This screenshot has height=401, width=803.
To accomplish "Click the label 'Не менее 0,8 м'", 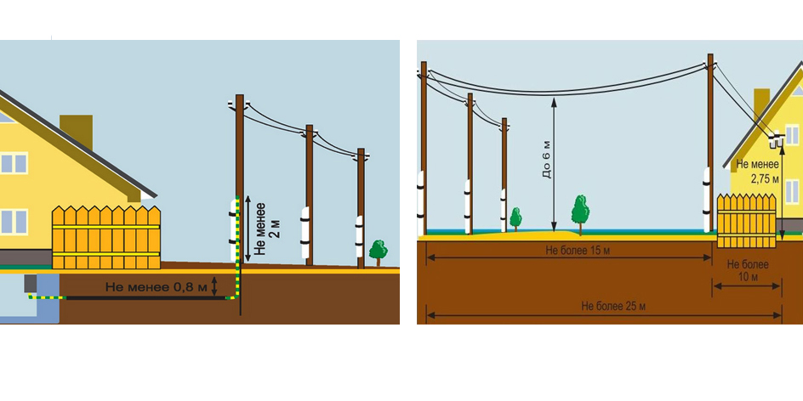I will [x=157, y=287].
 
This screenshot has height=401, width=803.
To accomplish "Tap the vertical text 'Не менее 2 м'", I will [x=266, y=228].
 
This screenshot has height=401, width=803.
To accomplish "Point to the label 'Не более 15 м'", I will [x=569, y=251].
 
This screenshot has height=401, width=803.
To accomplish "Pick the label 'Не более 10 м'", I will [x=748, y=270].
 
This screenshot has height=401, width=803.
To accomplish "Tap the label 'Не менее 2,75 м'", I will [x=755, y=172].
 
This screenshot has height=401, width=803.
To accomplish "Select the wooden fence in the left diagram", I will [x=105, y=237].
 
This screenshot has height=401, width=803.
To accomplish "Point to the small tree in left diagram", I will [x=378, y=251].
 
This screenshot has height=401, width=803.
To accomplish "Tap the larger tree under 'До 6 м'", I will [x=580, y=210].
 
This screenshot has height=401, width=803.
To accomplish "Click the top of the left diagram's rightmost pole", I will [x=361, y=154].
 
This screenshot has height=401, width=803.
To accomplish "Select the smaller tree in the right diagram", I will [x=515, y=217].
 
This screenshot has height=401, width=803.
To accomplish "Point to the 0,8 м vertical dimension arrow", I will [x=215, y=285].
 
